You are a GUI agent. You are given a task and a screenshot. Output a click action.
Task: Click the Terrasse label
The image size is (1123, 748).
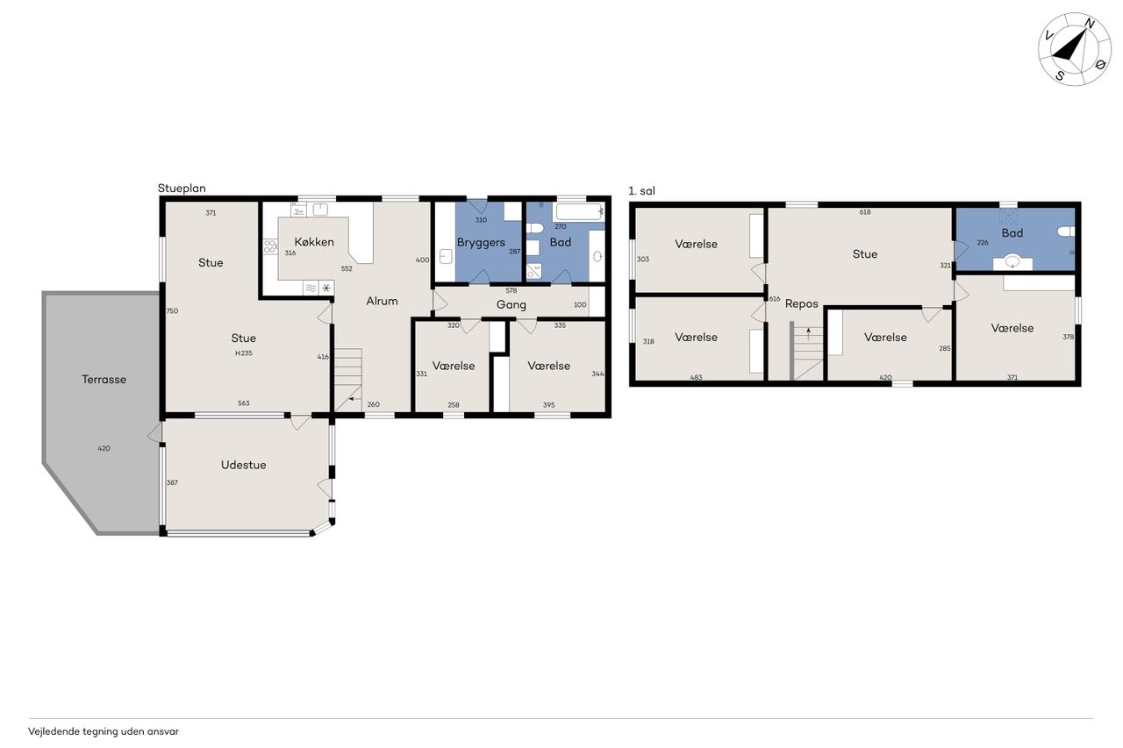104,379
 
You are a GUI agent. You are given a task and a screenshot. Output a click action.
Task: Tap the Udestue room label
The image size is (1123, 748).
243,465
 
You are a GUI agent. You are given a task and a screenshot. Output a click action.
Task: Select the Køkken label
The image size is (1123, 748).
314,241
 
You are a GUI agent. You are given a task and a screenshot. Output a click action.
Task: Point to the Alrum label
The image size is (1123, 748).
382,301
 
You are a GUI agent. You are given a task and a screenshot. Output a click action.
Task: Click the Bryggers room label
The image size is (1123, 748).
480,243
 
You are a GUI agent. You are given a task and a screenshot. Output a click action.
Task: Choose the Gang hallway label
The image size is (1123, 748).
511,304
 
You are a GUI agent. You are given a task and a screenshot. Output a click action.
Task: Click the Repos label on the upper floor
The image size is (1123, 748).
801,303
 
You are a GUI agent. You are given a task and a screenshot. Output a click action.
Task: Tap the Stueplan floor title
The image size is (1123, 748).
182,189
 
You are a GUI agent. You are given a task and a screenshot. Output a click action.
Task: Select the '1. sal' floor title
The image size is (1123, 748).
641,191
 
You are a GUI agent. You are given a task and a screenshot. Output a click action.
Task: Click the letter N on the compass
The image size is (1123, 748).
1090,24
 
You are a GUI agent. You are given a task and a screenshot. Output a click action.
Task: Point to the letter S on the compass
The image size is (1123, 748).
1060,75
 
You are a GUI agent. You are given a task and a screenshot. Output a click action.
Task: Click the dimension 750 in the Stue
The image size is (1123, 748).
172,310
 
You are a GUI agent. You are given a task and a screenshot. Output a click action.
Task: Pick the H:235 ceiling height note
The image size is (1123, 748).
244,353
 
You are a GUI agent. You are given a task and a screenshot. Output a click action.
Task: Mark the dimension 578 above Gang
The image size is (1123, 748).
511,290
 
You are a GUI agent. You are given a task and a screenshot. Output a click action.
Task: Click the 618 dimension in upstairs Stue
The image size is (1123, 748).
865,212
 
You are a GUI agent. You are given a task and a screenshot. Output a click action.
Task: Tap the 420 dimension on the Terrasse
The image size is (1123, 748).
104,448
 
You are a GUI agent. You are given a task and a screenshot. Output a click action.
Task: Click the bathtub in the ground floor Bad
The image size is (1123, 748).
578,212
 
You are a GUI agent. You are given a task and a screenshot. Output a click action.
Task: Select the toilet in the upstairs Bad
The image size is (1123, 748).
1066,231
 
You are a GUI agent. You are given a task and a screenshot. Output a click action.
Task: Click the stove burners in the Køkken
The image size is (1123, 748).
269,246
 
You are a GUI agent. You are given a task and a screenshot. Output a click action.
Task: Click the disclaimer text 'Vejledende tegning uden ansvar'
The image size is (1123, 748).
104,731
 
